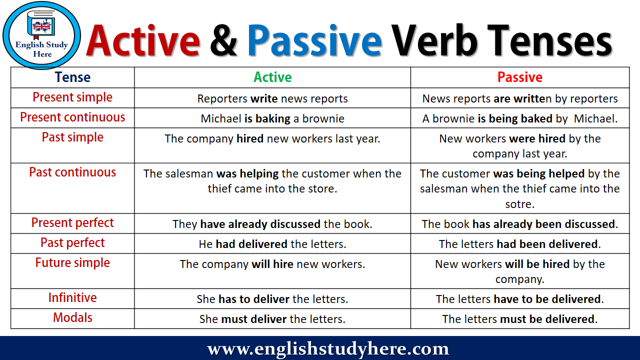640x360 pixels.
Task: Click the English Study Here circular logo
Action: click(x=41, y=35)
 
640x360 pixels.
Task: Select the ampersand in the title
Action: click(x=223, y=41)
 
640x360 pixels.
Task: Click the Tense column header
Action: click(x=72, y=77)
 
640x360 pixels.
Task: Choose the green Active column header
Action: click(x=272, y=77)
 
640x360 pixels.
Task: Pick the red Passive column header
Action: click(x=519, y=77)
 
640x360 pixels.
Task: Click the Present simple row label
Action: click(x=72, y=97)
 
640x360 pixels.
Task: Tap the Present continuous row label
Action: click(x=72, y=117)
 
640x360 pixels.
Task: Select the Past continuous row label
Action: click(x=72, y=172)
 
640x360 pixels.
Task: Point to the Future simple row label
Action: click(x=72, y=263)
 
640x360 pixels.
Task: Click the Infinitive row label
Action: click(x=72, y=298)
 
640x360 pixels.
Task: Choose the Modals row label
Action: click(x=72, y=318)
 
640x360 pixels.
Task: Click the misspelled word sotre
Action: click(x=520, y=204)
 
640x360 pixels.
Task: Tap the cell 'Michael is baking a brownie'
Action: click(x=272, y=119)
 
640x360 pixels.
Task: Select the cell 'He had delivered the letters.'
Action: click(x=272, y=244)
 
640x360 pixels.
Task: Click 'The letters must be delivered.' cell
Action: click(x=520, y=319)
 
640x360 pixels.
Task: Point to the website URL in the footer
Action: click(x=328, y=348)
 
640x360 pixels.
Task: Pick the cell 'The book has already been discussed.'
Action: click(x=520, y=224)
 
